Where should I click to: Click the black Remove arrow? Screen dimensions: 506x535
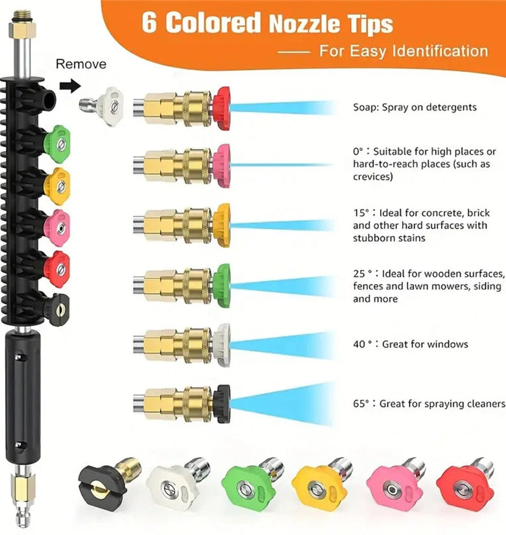70,86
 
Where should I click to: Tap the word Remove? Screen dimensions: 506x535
81,64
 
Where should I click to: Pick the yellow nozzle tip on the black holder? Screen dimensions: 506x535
57,186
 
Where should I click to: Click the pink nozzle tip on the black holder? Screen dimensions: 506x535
57,228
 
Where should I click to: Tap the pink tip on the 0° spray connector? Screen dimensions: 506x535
222,165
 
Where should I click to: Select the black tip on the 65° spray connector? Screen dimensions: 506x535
222,403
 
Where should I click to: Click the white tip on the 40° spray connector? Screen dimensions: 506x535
222,345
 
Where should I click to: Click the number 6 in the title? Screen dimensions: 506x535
149,23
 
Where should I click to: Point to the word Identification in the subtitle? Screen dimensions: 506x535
440,51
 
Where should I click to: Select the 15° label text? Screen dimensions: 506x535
361,213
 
